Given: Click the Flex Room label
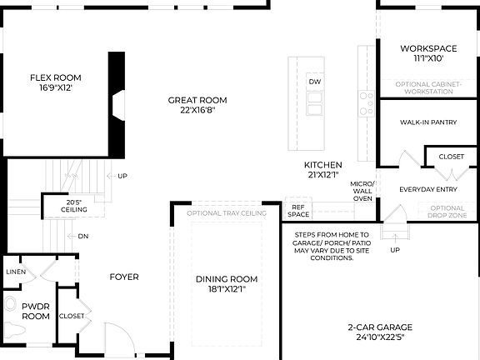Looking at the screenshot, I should click(x=56, y=82).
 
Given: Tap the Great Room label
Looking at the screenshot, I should click(x=197, y=105).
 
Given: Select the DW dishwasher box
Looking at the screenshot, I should click(x=314, y=82).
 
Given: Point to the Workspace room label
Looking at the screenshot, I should click(x=428, y=53).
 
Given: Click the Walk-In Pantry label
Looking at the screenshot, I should click(x=428, y=122).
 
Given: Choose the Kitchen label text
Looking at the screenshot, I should click(x=323, y=169).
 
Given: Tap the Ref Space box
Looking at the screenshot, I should click(x=298, y=210).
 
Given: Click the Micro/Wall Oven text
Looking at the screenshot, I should click(x=362, y=190).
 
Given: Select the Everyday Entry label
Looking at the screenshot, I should click(x=428, y=189).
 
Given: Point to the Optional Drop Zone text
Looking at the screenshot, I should click(x=447, y=212).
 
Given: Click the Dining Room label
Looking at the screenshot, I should click(x=227, y=284).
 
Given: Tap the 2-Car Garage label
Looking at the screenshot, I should click(x=380, y=332).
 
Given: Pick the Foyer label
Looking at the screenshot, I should click(x=124, y=277).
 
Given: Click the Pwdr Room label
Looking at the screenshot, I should click(x=36, y=311).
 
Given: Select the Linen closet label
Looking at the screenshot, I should click(x=16, y=272).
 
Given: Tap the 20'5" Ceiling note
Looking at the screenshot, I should click(x=74, y=206).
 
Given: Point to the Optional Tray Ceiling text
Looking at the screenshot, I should click(x=227, y=213).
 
